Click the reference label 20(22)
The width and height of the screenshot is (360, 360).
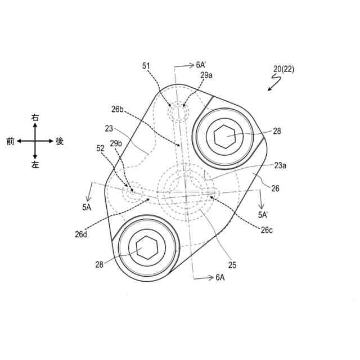click(283, 69)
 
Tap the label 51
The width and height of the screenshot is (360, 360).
click(146, 66)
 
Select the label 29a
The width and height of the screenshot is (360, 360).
click(206, 75)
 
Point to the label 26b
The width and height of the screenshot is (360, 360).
click(118, 110)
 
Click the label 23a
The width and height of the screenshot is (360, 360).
click(280, 165)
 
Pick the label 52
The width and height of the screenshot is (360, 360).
click(100, 148)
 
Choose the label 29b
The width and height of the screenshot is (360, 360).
click(116, 144)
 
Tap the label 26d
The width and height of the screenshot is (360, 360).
click(81, 235)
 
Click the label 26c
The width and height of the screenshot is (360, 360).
click(267, 230)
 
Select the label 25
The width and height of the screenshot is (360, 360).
click(232, 265)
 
